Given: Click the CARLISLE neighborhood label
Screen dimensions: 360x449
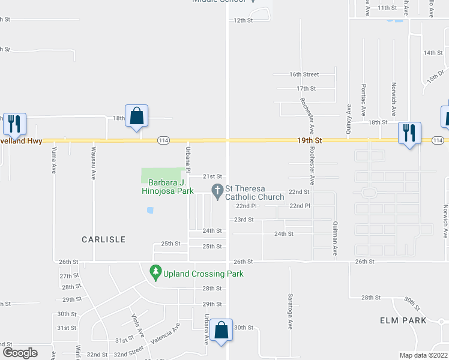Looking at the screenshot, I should [x=104, y=239].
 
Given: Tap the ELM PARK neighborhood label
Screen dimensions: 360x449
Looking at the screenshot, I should [x=403, y=320].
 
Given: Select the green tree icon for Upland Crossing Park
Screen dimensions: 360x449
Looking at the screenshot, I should [x=156, y=272].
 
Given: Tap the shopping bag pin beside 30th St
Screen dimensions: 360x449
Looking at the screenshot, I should [x=221, y=330].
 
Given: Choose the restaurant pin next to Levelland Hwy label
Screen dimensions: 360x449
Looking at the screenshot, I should [x=13, y=123].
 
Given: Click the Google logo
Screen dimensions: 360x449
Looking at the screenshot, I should [x=19, y=352].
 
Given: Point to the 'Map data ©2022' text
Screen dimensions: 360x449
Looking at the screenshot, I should [x=423, y=355].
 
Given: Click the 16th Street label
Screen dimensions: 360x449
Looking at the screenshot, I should [x=304, y=74].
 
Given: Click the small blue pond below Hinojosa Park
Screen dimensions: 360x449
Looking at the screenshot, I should [x=150, y=210].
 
